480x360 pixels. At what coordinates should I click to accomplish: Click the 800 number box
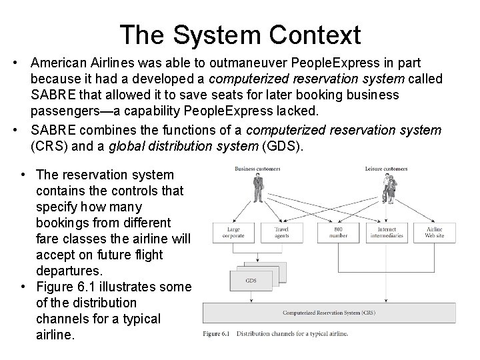tap(338, 233)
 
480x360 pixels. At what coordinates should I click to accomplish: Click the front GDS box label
tap(251, 280)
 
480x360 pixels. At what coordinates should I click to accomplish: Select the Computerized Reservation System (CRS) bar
tap(339, 312)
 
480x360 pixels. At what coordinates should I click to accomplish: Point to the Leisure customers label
tap(387, 168)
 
